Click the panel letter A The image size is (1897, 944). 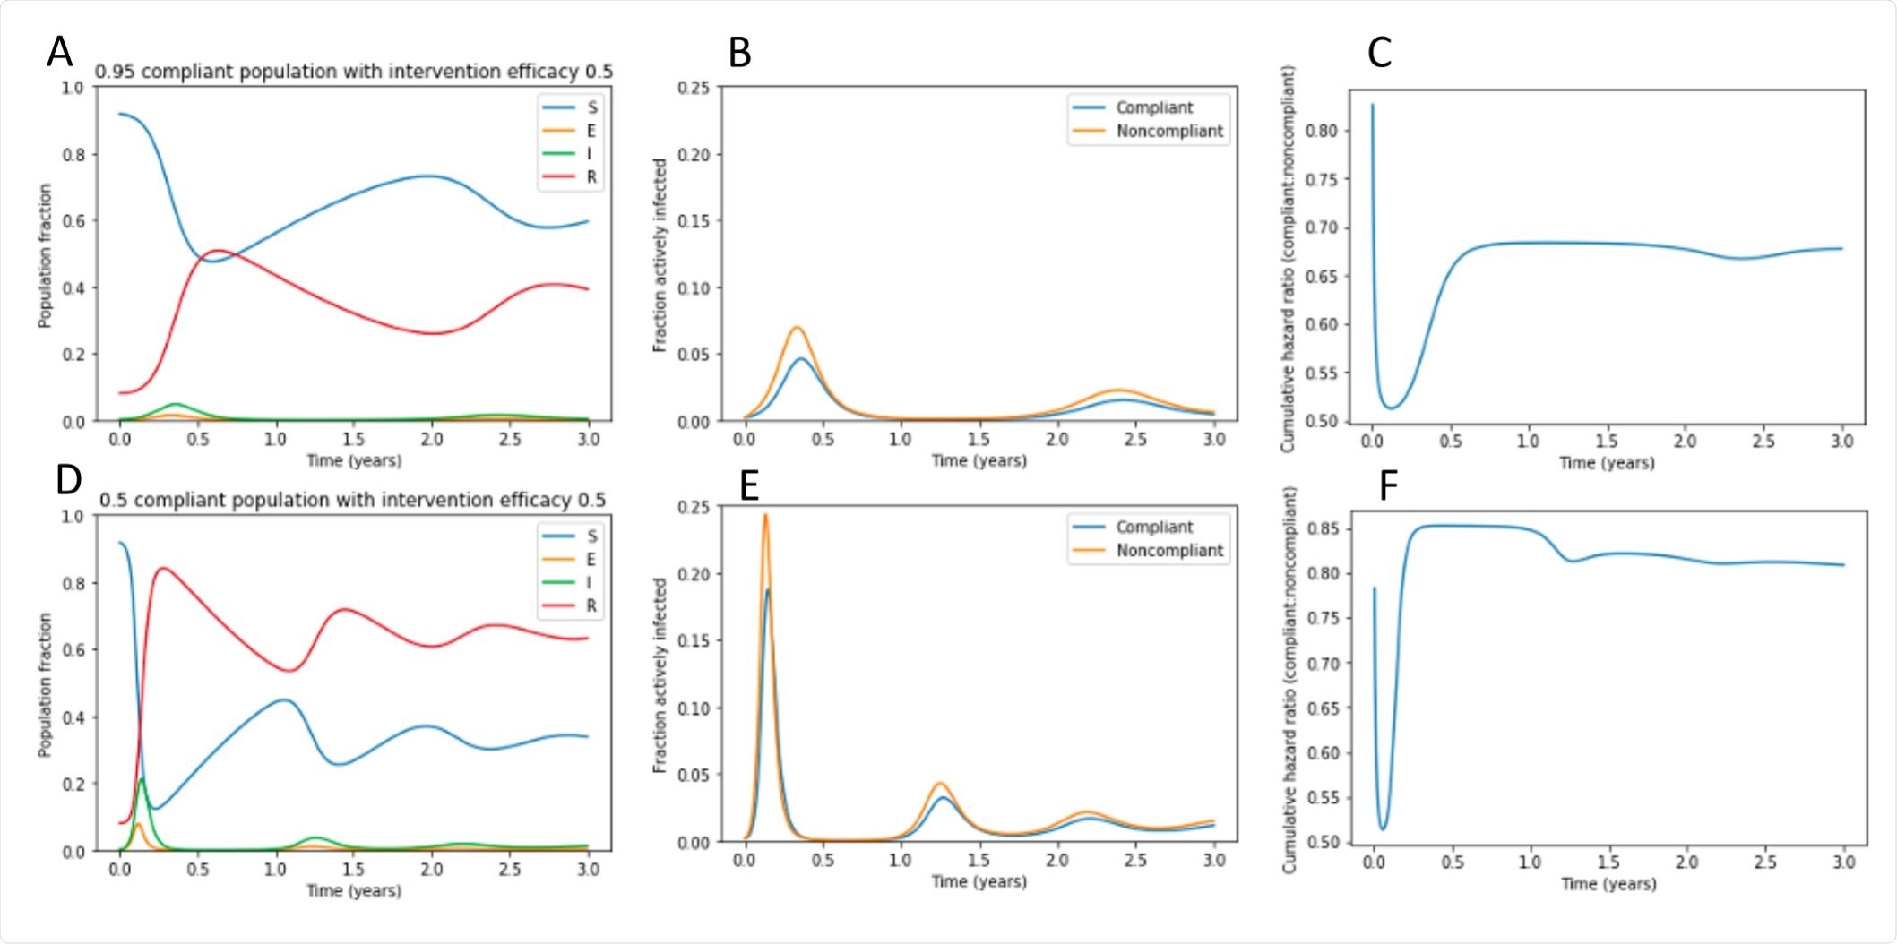coord(59,52)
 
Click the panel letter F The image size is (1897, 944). coord(1388,485)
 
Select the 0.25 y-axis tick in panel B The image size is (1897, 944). coord(693,88)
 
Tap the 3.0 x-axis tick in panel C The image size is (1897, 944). coord(1841,441)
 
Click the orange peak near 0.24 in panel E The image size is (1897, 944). coord(765,515)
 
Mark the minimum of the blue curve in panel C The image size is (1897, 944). coord(1391,408)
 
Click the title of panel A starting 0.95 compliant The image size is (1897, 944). coord(354,71)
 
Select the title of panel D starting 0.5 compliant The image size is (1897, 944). coord(352,500)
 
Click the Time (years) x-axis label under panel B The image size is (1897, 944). coord(979,460)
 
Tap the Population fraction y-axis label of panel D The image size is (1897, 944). coord(45,684)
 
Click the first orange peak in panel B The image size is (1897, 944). coord(796,327)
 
